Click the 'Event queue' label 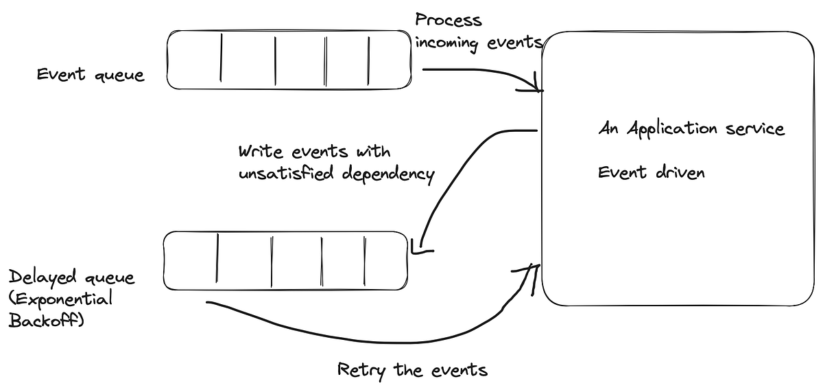91,74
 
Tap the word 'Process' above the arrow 449,21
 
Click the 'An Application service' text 691,128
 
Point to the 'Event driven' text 651,172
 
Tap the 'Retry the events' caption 412,371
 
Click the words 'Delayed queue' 72,277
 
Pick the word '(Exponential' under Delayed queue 61,299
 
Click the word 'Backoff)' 46,321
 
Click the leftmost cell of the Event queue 195,60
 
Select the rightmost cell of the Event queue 390,60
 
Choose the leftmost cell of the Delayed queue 191,261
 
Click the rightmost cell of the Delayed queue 385,261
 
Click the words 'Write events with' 314,151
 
